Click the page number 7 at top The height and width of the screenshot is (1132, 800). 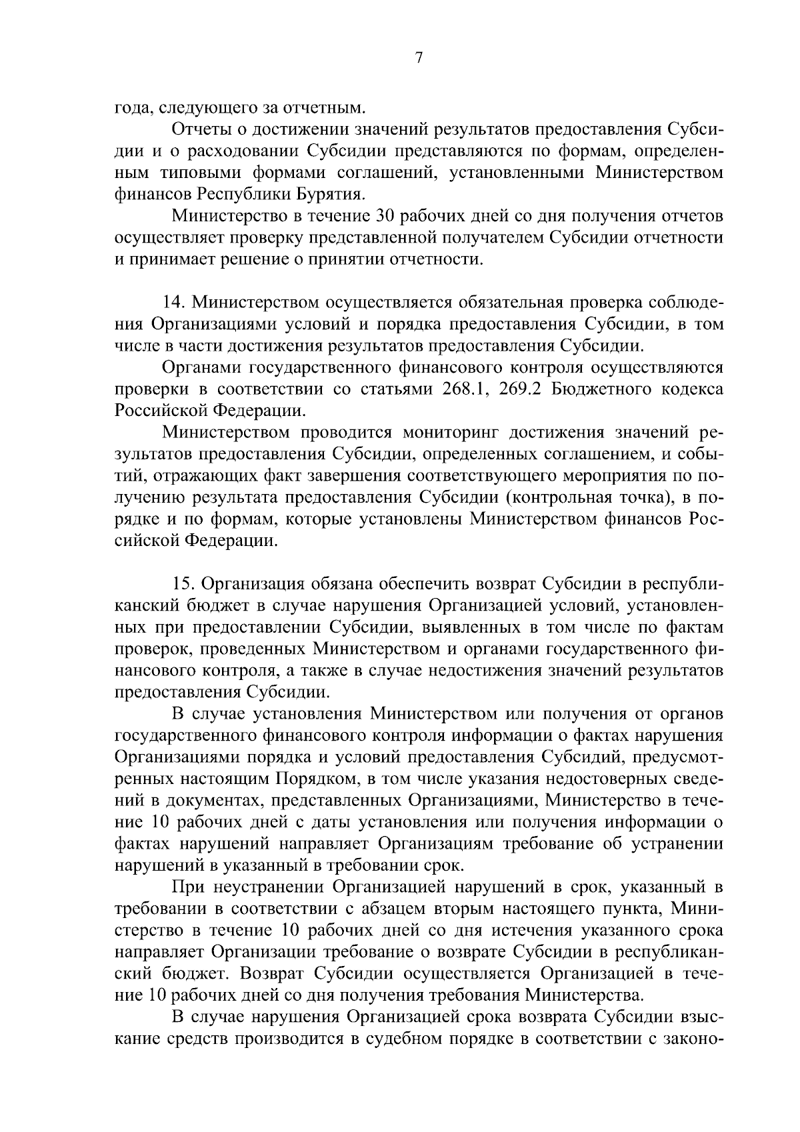(418, 58)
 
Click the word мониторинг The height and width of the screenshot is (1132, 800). (450, 432)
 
